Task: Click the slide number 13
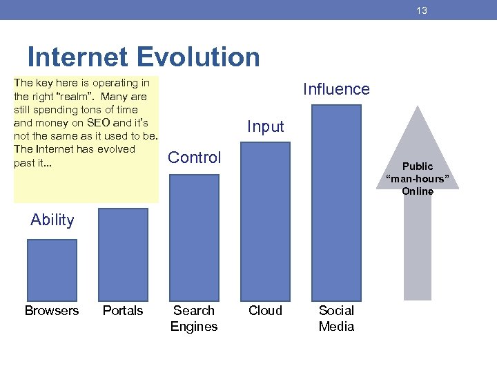click(x=422, y=10)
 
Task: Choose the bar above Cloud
click(x=265, y=221)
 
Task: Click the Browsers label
click(x=52, y=311)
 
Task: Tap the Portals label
click(x=123, y=311)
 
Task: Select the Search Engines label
click(x=194, y=318)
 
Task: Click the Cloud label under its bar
click(x=265, y=311)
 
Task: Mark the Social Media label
click(x=336, y=318)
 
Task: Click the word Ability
click(x=52, y=220)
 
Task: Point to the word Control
click(x=195, y=157)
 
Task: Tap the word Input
click(x=265, y=126)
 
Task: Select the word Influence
click(x=336, y=89)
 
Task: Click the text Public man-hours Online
click(x=418, y=179)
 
